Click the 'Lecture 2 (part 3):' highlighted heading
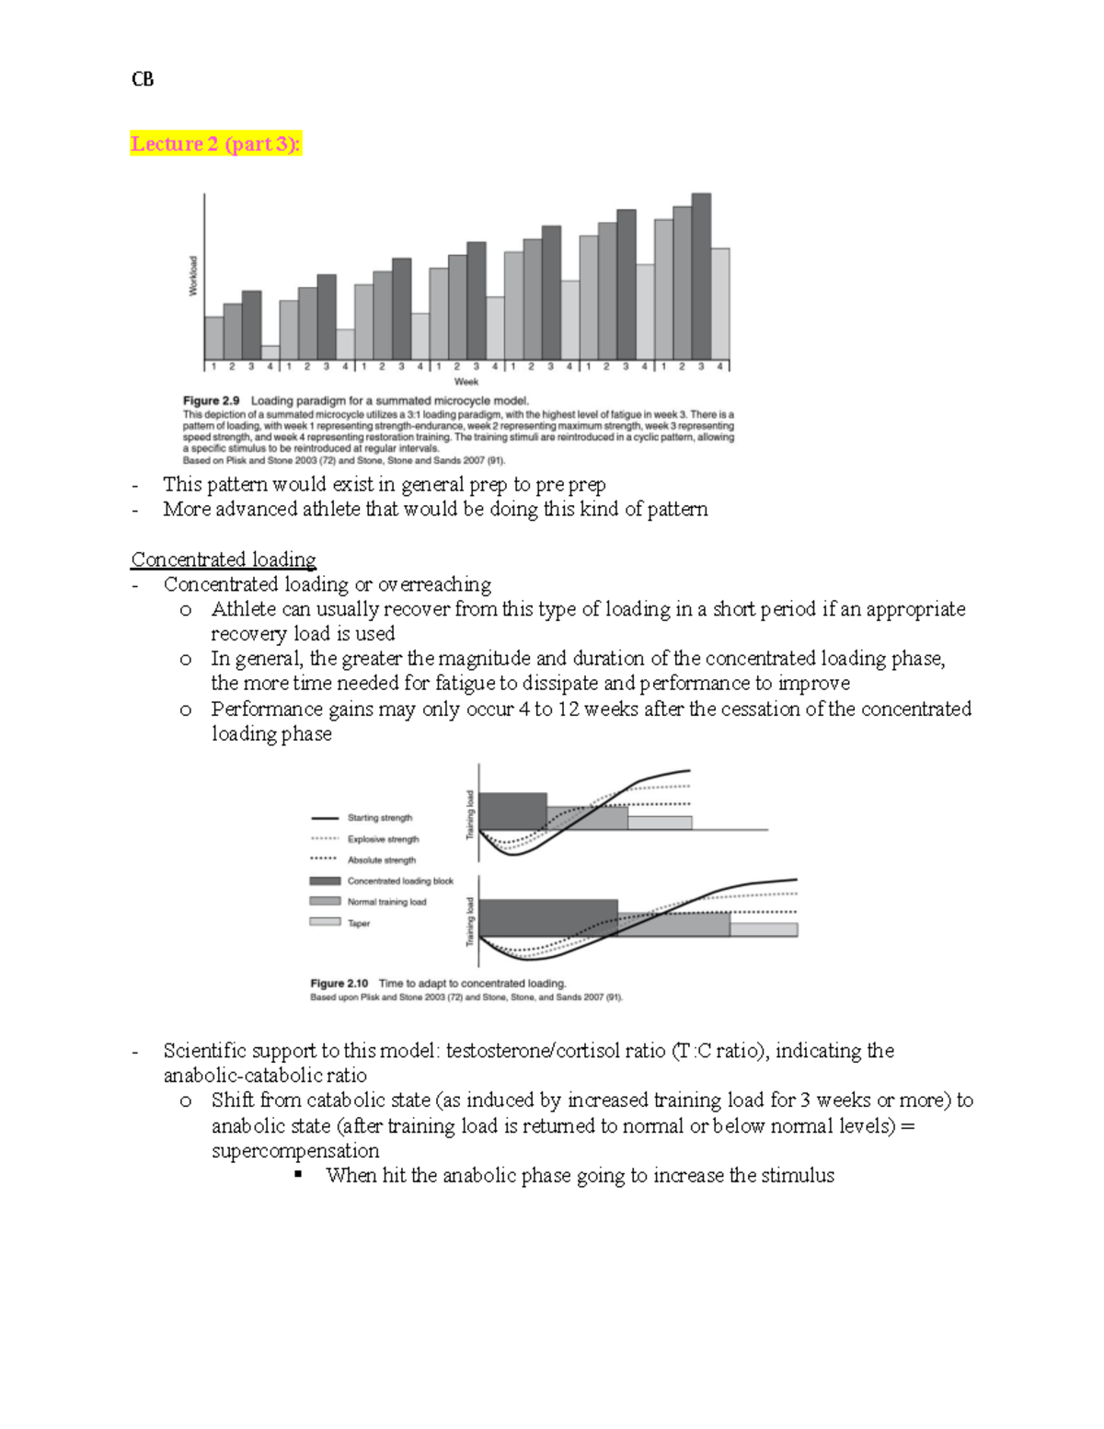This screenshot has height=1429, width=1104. [215, 144]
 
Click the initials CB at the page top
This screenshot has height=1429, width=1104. [143, 79]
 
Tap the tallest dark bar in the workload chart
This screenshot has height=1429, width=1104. [701, 276]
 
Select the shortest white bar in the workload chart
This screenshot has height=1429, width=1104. [270, 352]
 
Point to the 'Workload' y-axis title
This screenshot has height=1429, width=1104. [193, 275]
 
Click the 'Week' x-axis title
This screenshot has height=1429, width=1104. [466, 381]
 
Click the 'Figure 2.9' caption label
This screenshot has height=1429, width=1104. [211, 401]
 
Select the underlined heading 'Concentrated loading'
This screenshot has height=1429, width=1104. [224, 559]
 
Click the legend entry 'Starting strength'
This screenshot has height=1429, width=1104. [379, 817]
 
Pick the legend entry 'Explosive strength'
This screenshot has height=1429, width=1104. [383, 838]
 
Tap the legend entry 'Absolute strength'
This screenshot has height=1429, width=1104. [381, 859]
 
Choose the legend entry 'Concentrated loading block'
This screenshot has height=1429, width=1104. [399, 881]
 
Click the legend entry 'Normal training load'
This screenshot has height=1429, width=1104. [386, 902]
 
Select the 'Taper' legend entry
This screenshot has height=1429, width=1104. [358, 923]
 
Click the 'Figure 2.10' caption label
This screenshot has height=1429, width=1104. [339, 984]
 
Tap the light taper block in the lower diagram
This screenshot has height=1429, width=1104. [764, 929]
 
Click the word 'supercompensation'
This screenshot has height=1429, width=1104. [295, 1150]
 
